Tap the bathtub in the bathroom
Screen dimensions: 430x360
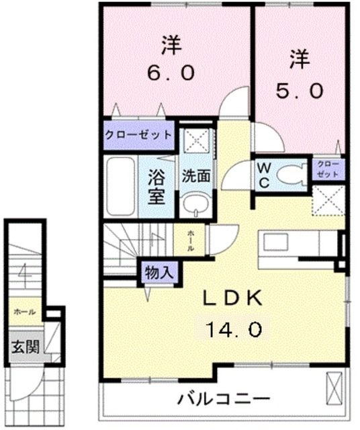pos(121,186)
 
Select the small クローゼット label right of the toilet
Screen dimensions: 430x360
pos(327,169)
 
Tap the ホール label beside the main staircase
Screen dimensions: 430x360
pos(191,239)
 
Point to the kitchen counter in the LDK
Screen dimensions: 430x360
pos(296,244)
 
